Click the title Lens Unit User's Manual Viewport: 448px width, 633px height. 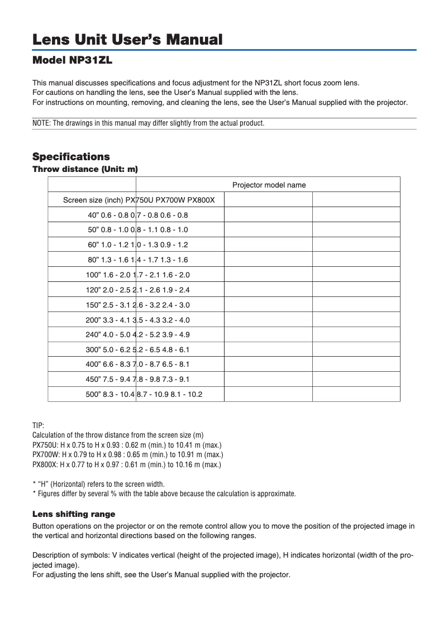[127, 40]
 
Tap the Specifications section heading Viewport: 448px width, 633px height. [71, 156]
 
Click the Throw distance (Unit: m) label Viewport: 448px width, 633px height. [85, 169]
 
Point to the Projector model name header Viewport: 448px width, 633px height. [269, 185]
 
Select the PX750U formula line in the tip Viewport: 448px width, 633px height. [127, 444]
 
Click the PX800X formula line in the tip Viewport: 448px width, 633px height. [127, 464]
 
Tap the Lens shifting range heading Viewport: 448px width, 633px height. [74, 514]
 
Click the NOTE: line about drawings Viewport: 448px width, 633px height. [148, 123]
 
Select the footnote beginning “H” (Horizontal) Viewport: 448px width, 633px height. [98, 484]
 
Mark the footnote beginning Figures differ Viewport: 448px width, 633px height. [164, 493]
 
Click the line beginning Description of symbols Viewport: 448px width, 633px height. [222, 554]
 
